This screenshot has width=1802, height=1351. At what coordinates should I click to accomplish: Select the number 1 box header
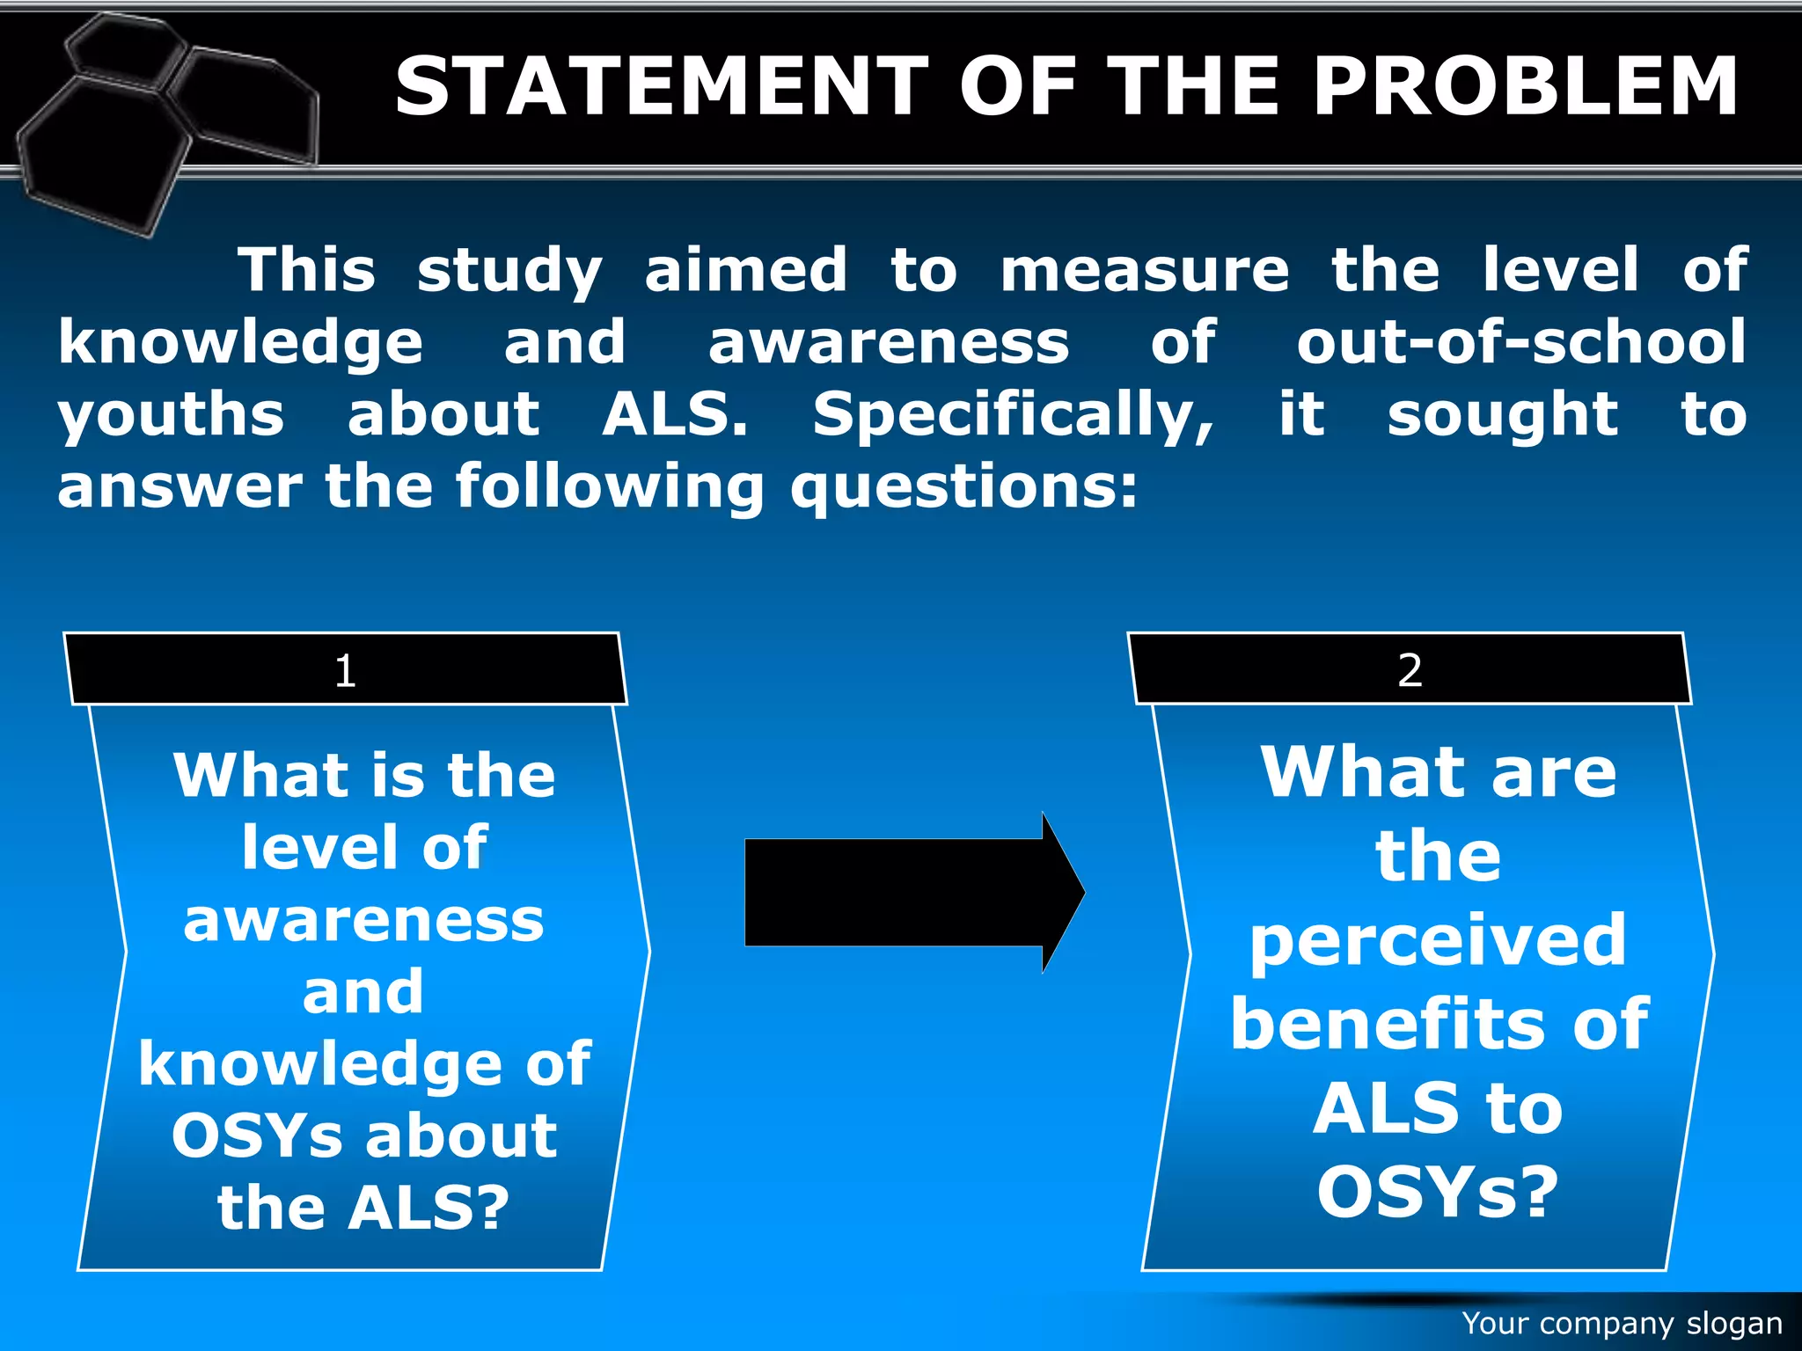pyautogui.click(x=345, y=670)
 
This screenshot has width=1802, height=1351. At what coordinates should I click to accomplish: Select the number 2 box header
pyautogui.click(x=1410, y=670)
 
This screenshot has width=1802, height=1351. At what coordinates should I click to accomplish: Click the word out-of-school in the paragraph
pyautogui.click(x=1521, y=342)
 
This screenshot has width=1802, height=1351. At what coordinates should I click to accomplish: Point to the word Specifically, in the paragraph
pyautogui.click(x=1013, y=415)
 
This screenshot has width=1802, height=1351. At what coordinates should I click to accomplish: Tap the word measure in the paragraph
pyautogui.click(x=1145, y=270)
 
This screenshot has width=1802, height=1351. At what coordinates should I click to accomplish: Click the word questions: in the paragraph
pyautogui.click(x=964, y=487)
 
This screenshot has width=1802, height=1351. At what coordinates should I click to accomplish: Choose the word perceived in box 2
pyautogui.click(x=1438, y=941)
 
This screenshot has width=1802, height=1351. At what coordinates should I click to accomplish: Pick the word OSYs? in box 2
pyautogui.click(x=1438, y=1192)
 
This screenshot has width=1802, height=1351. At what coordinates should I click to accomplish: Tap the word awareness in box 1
pyautogui.click(x=363, y=921)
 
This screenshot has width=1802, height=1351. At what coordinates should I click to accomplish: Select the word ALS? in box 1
pyautogui.click(x=429, y=1208)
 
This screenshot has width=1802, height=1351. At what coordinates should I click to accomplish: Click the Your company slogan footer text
pyautogui.click(x=1622, y=1324)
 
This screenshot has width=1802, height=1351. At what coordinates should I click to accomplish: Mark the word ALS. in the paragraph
pyautogui.click(x=675, y=415)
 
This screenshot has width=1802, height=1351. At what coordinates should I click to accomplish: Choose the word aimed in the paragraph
pyautogui.click(x=746, y=270)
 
